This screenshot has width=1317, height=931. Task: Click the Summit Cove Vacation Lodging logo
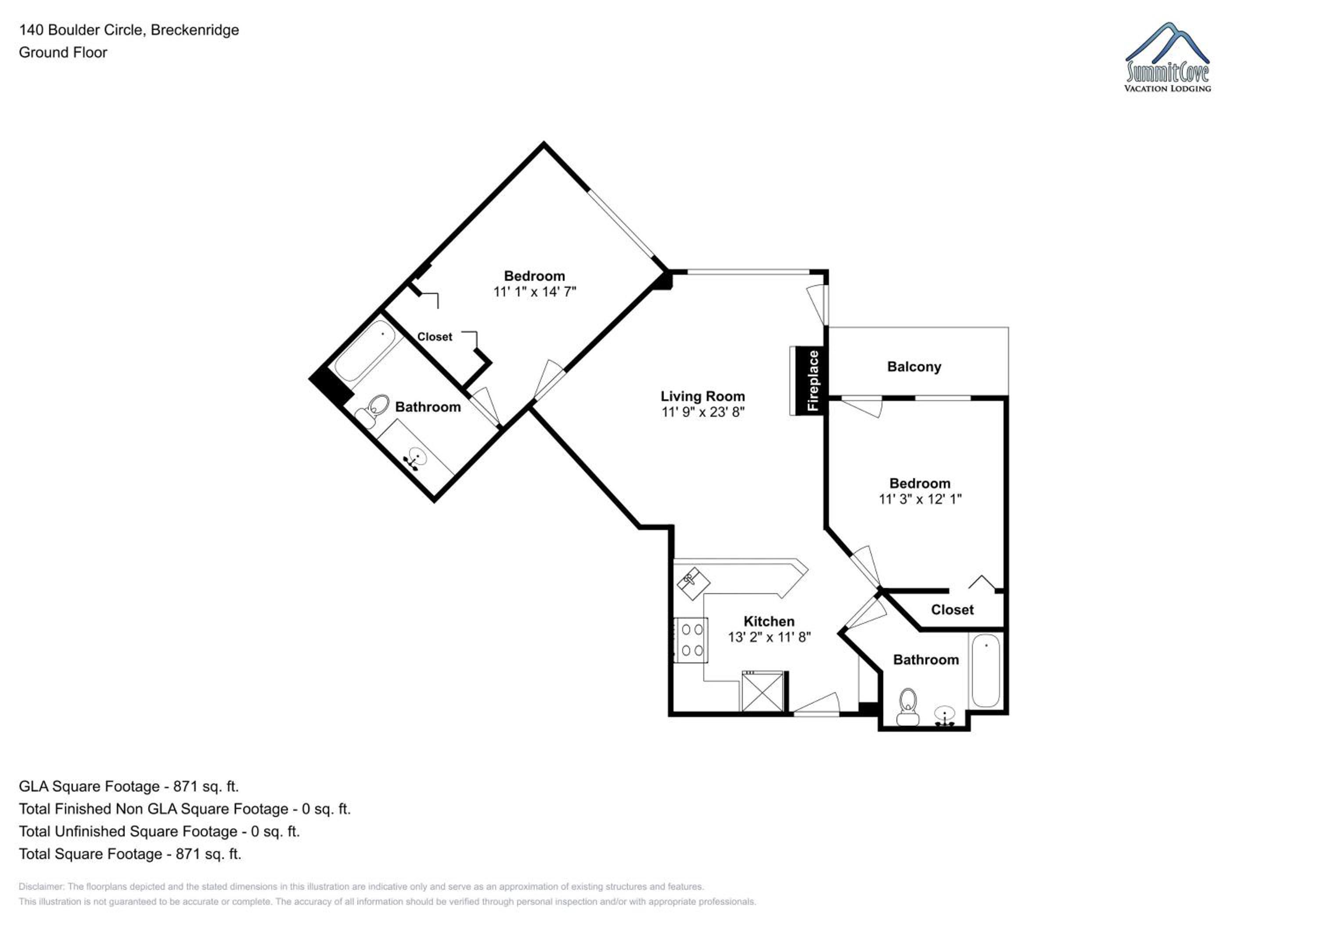coord(1167,57)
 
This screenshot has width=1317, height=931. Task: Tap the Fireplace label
coord(813,381)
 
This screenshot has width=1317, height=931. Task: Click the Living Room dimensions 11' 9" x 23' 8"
coord(703,412)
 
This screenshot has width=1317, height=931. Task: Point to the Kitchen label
coord(769,621)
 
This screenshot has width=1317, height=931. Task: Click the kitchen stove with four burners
coord(691,640)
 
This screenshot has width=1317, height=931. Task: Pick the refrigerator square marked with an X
coord(762,691)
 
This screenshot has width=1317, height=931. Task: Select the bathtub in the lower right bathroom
coord(986,671)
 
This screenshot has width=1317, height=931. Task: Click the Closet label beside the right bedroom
coord(952,609)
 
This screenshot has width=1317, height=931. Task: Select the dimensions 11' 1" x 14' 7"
coord(535,292)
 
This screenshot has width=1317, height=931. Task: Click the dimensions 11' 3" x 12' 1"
coord(920,499)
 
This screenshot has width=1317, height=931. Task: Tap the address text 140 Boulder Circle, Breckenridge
coord(129,30)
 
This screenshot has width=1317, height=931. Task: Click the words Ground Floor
coord(63,53)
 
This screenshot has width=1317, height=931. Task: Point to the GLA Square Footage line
coord(129,787)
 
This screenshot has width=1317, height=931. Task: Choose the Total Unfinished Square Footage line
coord(159,831)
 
